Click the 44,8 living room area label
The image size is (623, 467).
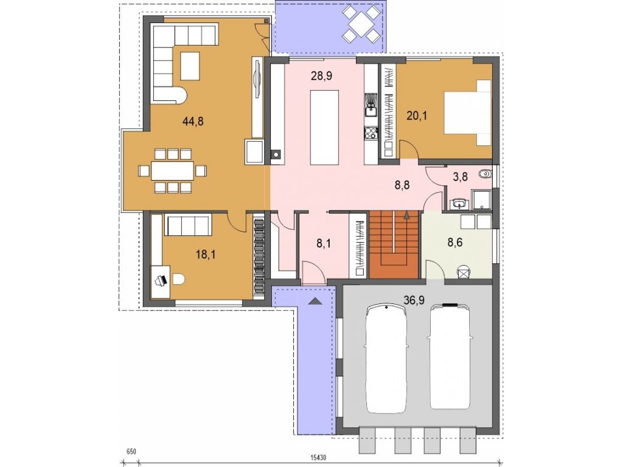pos(193,121)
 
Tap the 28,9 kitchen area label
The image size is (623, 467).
pos(321,76)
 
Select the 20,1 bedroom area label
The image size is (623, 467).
pos(417,116)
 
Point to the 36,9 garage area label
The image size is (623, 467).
pos(414,300)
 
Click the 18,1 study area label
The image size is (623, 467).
pos(206,255)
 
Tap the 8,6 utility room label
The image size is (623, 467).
pos(455,243)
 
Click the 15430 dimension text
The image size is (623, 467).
pos(319,458)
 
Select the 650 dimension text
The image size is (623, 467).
pos(131,452)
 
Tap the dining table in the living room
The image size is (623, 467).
pos(172,171)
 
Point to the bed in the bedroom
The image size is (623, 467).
pos(467,112)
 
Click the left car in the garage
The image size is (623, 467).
pos(386,359)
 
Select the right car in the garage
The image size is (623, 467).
pos(450,356)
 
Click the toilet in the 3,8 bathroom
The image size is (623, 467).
pos(486,175)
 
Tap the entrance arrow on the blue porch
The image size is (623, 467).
pos(315,300)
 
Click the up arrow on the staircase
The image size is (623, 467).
pos(406,215)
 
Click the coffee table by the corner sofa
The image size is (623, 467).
pos(190,66)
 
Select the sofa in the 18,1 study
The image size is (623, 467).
pos(187,225)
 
